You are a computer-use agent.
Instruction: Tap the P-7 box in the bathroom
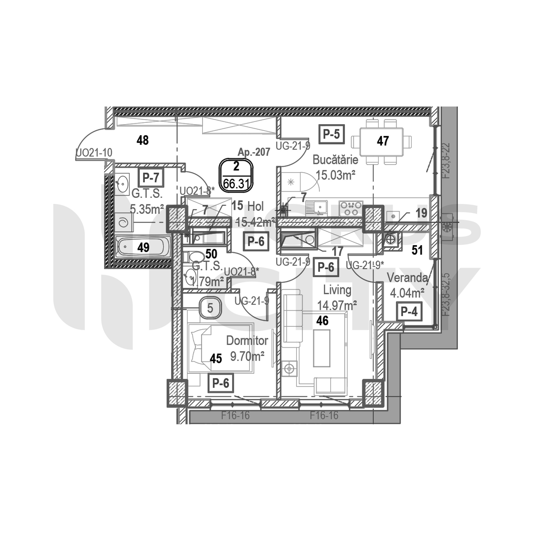coord(151,177)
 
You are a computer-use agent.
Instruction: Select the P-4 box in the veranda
coord(409,312)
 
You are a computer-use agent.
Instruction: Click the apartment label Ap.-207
coord(254,151)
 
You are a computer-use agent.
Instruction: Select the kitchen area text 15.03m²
coord(335,175)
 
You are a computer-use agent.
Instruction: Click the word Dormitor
coord(247,341)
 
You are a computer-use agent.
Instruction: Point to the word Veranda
coord(407,278)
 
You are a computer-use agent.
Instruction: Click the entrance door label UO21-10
coord(94,152)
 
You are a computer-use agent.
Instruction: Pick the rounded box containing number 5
coord(210,308)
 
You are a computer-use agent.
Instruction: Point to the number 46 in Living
coord(322,321)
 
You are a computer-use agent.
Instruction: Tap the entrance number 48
coord(143,140)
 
